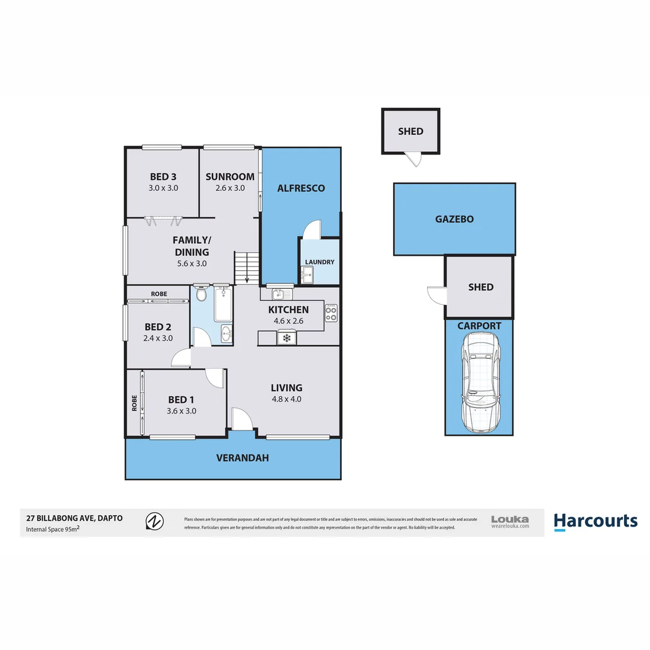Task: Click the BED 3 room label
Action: pyautogui.click(x=163, y=177)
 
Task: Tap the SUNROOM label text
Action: pyautogui.click(x=229, y=177)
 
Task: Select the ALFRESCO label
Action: pyautogui.click(x=300, y=188)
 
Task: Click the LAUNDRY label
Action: pyautogui.click(x=319, y=262)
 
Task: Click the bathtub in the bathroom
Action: pyautogui.click(x=223, y=305)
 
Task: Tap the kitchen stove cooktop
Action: pyautogui.click(x=331, y=313)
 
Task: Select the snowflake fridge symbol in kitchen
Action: pyautogui.click(x=287, y=339)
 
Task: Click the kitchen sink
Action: pyautogui.click(x=279, y=294)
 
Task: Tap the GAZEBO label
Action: pyautogui.click(x=454, y=220)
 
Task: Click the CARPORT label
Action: pyautogui.click(x=479, y=326)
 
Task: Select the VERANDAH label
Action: pyautogui.click(x=242, y=458)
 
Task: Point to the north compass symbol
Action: pyautogui.click(x=155, y=521)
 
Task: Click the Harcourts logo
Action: pyautogui.click(x=595, y=521)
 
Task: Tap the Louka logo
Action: pyautogui.click(x=510, y=521)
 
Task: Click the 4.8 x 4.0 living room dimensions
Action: pyautogui.click(x=286, y=399)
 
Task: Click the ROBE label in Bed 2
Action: pyautogui.click(x=159, y=294)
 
